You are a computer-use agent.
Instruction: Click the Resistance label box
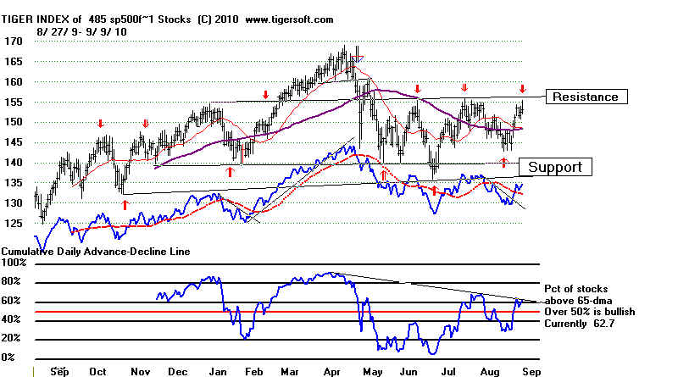[x=589, y=97]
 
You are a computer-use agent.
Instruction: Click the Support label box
[x=555, y=167]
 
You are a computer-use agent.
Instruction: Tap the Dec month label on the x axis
[x=178, y=371]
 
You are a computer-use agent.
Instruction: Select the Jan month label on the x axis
[x=218, y=371]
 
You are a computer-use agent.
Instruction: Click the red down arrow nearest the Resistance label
[x=523, y=89]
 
